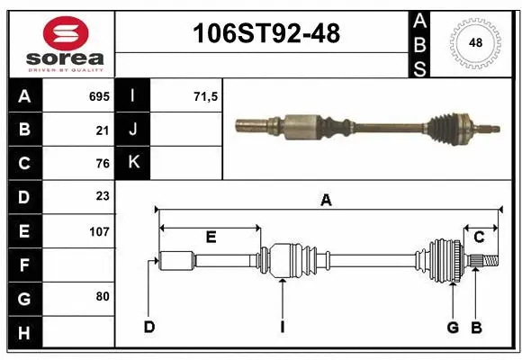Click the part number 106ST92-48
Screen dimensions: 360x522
click(x=267, y=33)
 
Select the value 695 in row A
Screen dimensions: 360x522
click(x=99, y=95)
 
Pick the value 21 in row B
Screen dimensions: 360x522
click(x=103, y=130)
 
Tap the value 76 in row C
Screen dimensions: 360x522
click(x=103, y=164)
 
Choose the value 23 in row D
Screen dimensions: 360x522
click(x=103, y=197)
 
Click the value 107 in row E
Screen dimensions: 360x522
click(x=99, y=231)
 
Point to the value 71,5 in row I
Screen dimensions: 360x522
click(x=206, y=95)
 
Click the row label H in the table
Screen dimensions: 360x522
click(x=24, y=333)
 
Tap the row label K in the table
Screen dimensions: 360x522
click(x=133, y=163)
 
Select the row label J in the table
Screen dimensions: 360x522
click(x=133, y=130)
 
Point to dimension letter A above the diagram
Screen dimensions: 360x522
click(x=326, y=202)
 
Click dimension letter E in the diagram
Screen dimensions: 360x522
click(x=211, y=238)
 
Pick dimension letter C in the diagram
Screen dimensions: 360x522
click(x=480, y=238)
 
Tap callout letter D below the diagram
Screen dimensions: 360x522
click(x=149, y=327)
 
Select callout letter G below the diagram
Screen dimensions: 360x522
click(x=453, y=327)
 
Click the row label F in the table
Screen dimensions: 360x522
click(x=24, y=265)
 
